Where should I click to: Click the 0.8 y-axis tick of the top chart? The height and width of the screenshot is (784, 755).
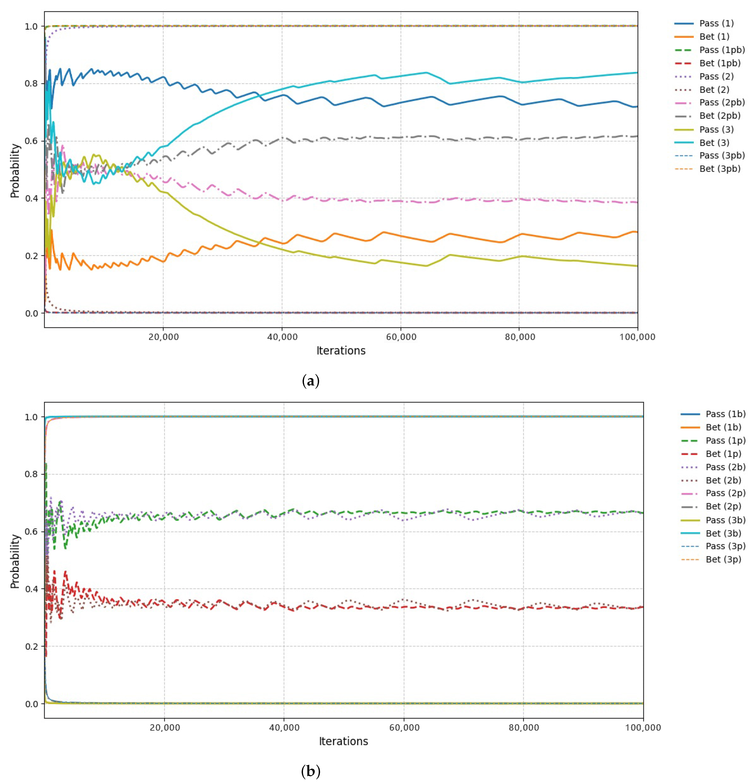click(31, 84)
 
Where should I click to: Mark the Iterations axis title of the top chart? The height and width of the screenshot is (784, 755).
click(341, 351)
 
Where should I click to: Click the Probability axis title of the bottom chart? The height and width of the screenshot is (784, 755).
click(15, 562)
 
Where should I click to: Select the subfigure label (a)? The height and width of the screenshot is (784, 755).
click(311, 381)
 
